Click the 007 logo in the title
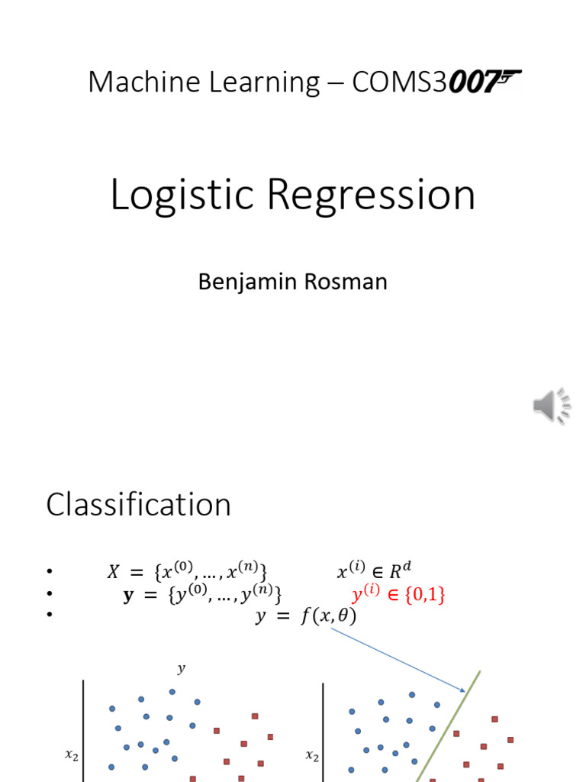coord(485,81)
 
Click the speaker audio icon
coord(552,406)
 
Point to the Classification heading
coord(138,505)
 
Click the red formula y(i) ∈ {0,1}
coord(398,594)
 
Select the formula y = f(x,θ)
coord(305,616)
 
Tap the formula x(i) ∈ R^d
coord(378,571)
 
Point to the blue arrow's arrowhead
coord(463,690)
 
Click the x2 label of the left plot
coord(71,756)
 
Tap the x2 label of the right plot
coord(311,756)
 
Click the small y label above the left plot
coord(181,669)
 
